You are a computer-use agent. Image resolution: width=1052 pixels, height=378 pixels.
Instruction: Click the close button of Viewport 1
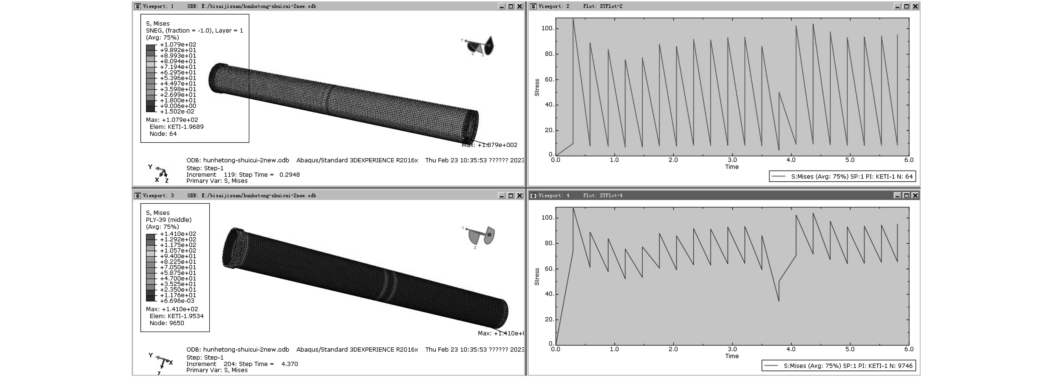click(520, 6)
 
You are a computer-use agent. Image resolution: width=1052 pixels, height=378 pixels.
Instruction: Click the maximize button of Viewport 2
click(906, 6)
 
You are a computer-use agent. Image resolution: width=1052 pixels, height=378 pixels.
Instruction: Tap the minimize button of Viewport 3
click(502, 195)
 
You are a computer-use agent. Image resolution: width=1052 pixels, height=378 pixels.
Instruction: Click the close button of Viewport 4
click(915, 195)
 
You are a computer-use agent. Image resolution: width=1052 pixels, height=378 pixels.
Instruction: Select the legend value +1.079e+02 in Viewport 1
click(178, 45)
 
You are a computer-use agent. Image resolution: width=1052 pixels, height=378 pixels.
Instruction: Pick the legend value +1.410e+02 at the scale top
click(178, 234)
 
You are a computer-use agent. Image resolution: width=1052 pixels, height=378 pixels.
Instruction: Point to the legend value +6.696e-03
click(177, 301)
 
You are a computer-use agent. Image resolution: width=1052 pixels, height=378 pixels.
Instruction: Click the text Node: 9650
click(167, 323)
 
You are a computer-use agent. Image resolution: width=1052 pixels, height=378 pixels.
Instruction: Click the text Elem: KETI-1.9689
click(176, 127)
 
